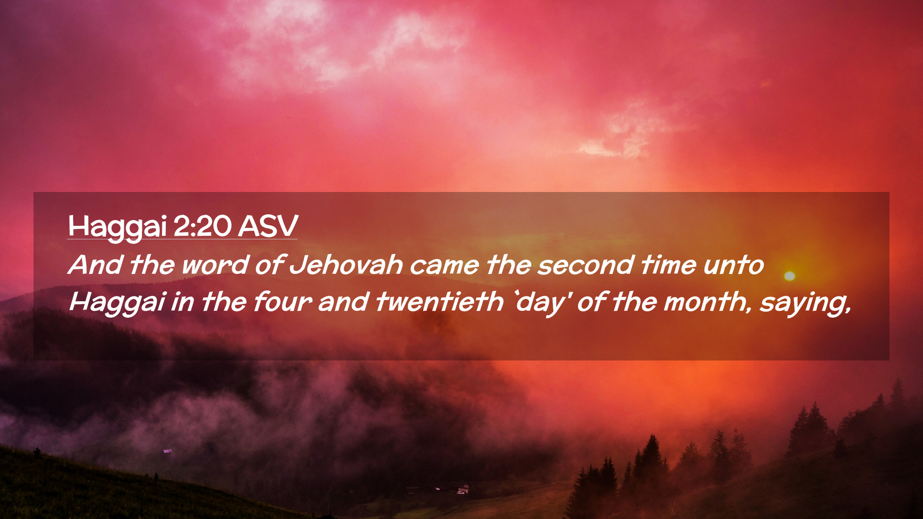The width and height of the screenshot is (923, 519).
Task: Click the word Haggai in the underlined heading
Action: [x=117, y=227]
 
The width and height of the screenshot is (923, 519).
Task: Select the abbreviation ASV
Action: [x=268, y=226]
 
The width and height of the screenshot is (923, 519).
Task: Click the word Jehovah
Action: [x=346, y=265]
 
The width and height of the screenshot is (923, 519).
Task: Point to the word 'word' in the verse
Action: [x=215, y=265]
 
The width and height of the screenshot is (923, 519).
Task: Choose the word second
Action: [x=586, y=265]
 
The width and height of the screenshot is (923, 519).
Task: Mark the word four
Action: [x=283, y=302]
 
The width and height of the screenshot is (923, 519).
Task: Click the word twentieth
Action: [x=439, y=302]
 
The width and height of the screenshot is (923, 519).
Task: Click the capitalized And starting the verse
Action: [x=95, y=265]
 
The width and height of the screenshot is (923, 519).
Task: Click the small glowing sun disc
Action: [x=789, y=276]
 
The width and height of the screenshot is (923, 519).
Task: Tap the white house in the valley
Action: [x=462, y=490]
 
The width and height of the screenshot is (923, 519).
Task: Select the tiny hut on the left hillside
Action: [x=167, y=451]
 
